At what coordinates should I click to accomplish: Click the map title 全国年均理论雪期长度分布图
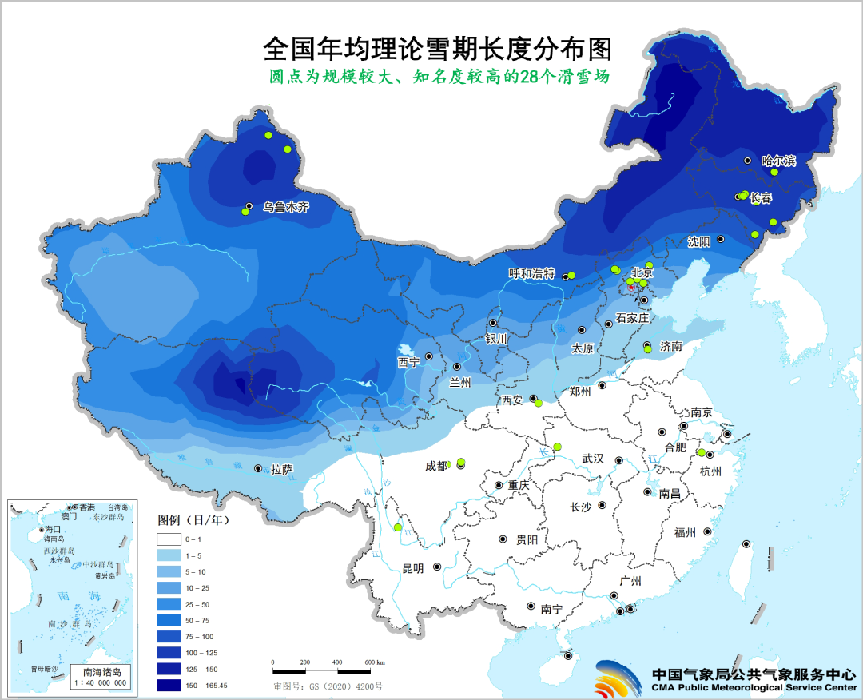coord(437,50)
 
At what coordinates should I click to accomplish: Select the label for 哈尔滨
coord(778,161)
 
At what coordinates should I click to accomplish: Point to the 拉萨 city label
coord(281,470)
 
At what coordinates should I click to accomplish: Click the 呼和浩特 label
coord(531,273)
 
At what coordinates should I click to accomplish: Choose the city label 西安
coord(512,400)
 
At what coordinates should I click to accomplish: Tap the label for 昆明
coord(413,568)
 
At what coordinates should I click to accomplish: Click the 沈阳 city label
coord(699,241)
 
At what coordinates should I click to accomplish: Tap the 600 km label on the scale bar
coord(375,662)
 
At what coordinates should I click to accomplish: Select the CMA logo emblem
coord(619,679)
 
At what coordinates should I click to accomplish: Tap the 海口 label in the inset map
coord(54,530)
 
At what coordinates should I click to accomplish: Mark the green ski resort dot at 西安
coord(538,404)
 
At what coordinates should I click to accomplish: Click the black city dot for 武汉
coord(619,459)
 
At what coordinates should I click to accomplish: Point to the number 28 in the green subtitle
coord(521,78)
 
